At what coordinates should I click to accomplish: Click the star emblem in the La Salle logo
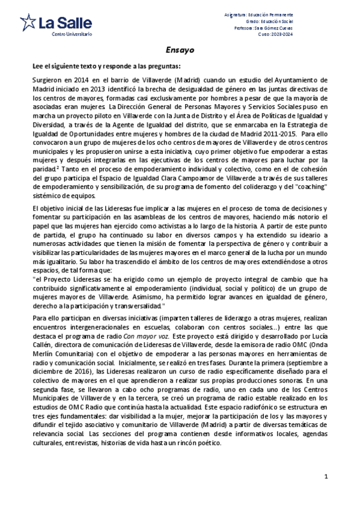[28, 23]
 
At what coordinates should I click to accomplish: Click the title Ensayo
[180, 51]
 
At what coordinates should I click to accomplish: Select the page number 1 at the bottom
[325, 476]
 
